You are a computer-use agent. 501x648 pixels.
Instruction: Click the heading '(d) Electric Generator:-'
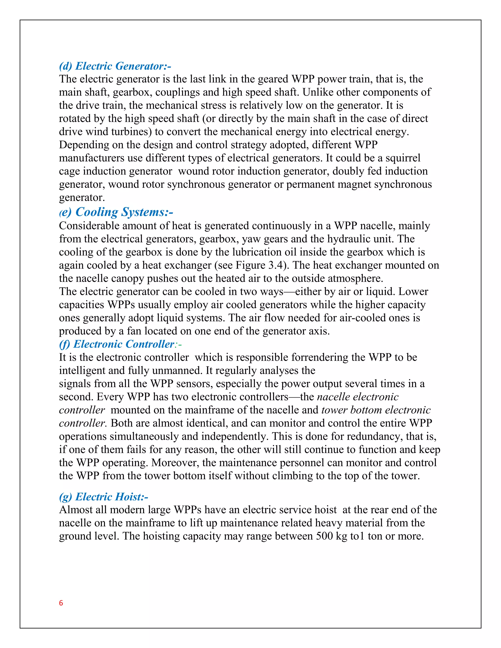click(115, 66)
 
